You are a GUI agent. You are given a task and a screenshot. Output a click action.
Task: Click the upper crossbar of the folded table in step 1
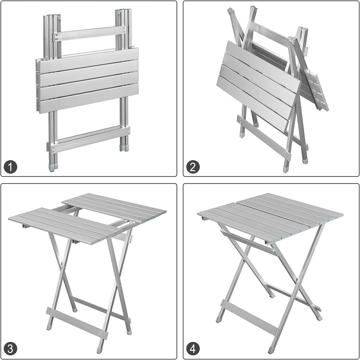[x=90, y=33]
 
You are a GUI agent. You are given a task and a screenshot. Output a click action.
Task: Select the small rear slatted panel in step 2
[x=315, y=90]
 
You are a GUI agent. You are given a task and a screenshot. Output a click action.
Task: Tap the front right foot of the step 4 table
[x=271, y=350]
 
